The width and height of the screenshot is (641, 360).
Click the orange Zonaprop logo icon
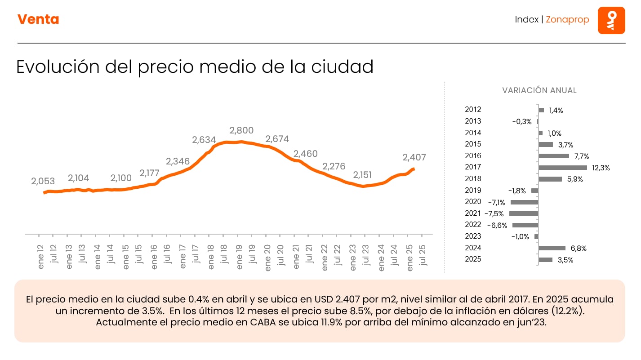[x=611, y=20]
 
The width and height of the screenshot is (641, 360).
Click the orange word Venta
[x=38, y=19]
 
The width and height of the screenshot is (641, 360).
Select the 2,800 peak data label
[x=241, y=130]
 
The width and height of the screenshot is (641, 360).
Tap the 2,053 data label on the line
[x=43, y=182]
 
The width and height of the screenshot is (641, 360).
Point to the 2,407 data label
[x=414, y=157]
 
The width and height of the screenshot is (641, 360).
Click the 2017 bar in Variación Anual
[x=562, y=168]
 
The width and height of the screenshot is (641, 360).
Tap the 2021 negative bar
[x=524, y=213]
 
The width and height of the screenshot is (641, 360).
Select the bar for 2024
[x=552, y=248]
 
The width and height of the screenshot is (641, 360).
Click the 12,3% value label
[x=601, y=168]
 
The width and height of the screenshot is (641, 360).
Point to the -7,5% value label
[x=494, y=214]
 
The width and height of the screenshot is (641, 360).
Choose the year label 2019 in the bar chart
[x=473, y=190]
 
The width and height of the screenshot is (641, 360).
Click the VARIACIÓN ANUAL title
[x=539, y=90]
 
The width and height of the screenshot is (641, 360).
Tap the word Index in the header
[x=526, y=20]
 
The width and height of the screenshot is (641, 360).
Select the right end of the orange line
[x=414, y=169]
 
